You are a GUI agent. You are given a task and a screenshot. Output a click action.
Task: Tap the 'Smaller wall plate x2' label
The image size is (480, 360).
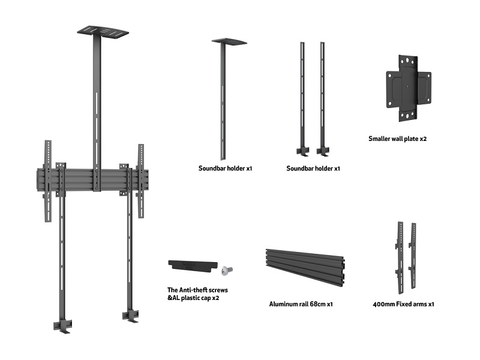pyautogui.click(x=397, y=139)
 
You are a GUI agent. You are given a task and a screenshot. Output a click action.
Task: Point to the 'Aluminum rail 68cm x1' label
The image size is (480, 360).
pyautogui.click(x=301, y=304)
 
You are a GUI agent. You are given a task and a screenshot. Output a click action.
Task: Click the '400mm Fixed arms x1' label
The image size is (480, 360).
pyautogui.click(x=403, y=304)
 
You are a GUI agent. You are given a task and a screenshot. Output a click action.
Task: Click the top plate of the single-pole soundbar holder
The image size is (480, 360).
pyautogui.click(x=229, y=41)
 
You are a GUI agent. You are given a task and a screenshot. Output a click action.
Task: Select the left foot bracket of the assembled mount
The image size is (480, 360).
pyautogui.click(x=62, y=324)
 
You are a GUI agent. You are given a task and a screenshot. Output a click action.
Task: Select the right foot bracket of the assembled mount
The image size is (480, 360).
pyautogui.click(x=130, y=314)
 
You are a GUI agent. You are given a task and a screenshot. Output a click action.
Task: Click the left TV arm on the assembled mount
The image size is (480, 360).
pyautogui.click(x=47, y=180)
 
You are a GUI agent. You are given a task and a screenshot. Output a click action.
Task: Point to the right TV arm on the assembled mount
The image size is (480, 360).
pyautogui.click(x=141, y=180)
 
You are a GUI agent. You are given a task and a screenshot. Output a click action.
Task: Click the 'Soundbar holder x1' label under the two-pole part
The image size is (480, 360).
pyautogui.click(x=313, y=169)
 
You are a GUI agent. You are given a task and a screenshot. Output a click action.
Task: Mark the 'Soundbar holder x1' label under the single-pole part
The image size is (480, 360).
pyautogui.click(x=225, y=169)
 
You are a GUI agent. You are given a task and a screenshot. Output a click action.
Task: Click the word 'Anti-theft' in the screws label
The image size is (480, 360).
pyautogui.click(x=197, y=290)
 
